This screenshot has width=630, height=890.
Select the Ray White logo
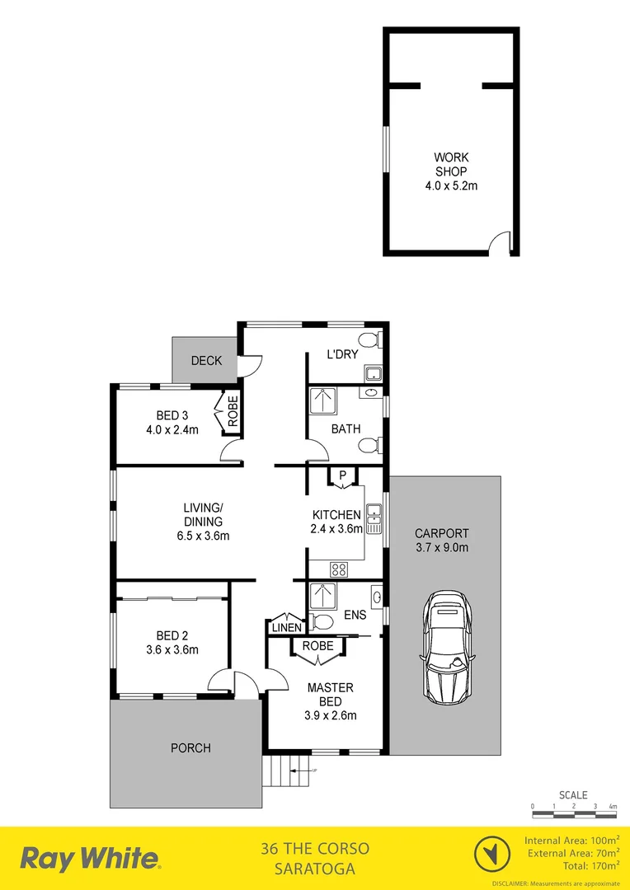(x=90, y=859)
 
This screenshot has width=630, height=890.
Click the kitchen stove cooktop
(x=338, y=569)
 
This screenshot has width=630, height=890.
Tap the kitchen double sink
(x=374, y=515)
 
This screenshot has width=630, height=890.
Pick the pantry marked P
(x=341, y=476)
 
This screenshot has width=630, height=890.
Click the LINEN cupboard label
(x=284, y=627)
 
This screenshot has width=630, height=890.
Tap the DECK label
(x=206, y=361)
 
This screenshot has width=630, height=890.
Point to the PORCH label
(x=190, y=748)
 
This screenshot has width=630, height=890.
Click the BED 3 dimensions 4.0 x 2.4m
(x=172, y=429)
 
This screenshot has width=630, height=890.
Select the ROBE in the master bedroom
(x=318, y=646)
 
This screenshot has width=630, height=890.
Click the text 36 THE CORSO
(x=314, y=849)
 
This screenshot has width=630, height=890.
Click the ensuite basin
(x=377, y=594)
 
